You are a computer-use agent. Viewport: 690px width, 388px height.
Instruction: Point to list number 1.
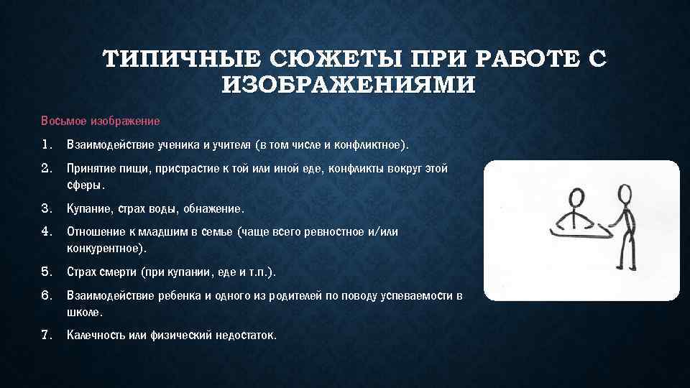click(47, 145)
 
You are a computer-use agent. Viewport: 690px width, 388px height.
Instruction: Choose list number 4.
click(47, 232)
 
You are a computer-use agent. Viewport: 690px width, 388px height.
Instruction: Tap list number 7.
click(47, 336)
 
